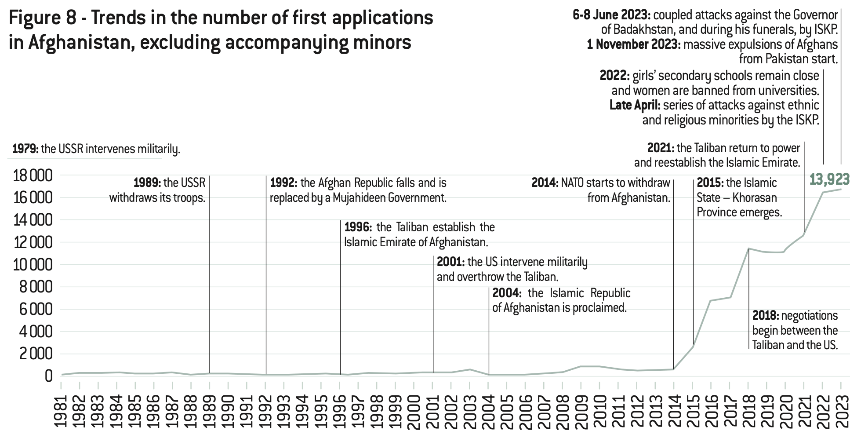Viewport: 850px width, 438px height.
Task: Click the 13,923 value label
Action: point(829,179)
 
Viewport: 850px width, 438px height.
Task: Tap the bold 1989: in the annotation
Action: point(147,182)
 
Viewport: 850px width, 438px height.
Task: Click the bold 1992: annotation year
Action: point(283,182)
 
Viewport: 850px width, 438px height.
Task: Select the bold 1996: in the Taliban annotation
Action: point(358,227)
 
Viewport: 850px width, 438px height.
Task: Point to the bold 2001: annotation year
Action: point(450,262)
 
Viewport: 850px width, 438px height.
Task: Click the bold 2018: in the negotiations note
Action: point(766,316)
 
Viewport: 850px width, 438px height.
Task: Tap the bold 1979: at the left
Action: point(25,149)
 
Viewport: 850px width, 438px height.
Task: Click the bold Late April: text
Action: point(634,106)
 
